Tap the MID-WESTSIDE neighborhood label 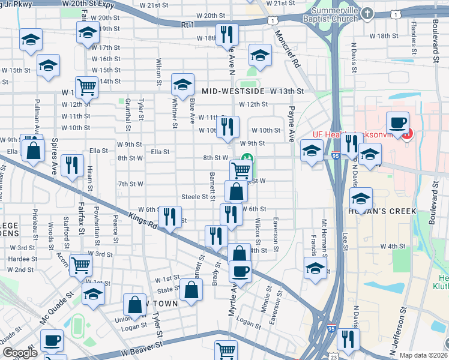click(x=234, y=91)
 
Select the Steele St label click(x=194, y=197)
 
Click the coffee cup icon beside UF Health click(x=397, y=122)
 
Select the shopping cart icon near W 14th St click(x=86, y=86)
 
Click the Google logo click(x=20, y=353)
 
